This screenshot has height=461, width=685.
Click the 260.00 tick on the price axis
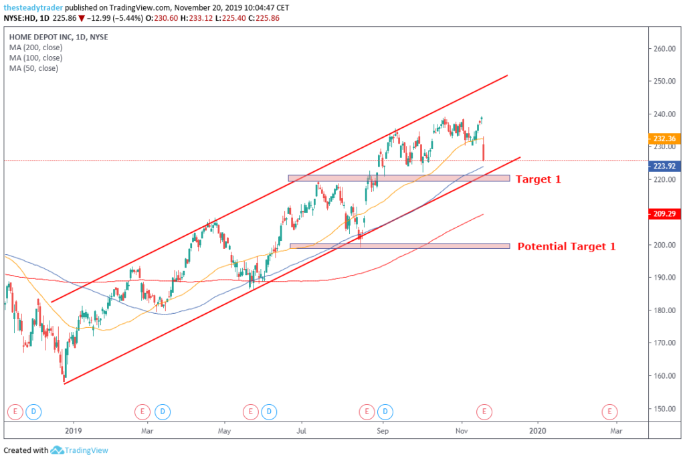[x=666, y=49]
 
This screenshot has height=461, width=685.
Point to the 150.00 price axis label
[x=666, y=409]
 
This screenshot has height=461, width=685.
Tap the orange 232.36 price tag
[x=665, y=139]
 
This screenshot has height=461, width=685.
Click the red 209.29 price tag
[x=665, y=215]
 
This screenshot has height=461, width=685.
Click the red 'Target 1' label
[x=539, y=179]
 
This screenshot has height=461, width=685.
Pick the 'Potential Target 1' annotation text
[x=566, y=246]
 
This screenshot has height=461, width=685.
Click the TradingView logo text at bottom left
[x=80, y=451]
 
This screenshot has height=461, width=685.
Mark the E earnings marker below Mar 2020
[x=609, y=410]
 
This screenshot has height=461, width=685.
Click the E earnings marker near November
[x=485, y=410]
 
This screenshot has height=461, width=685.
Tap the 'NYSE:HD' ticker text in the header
[x=20, y=18]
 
